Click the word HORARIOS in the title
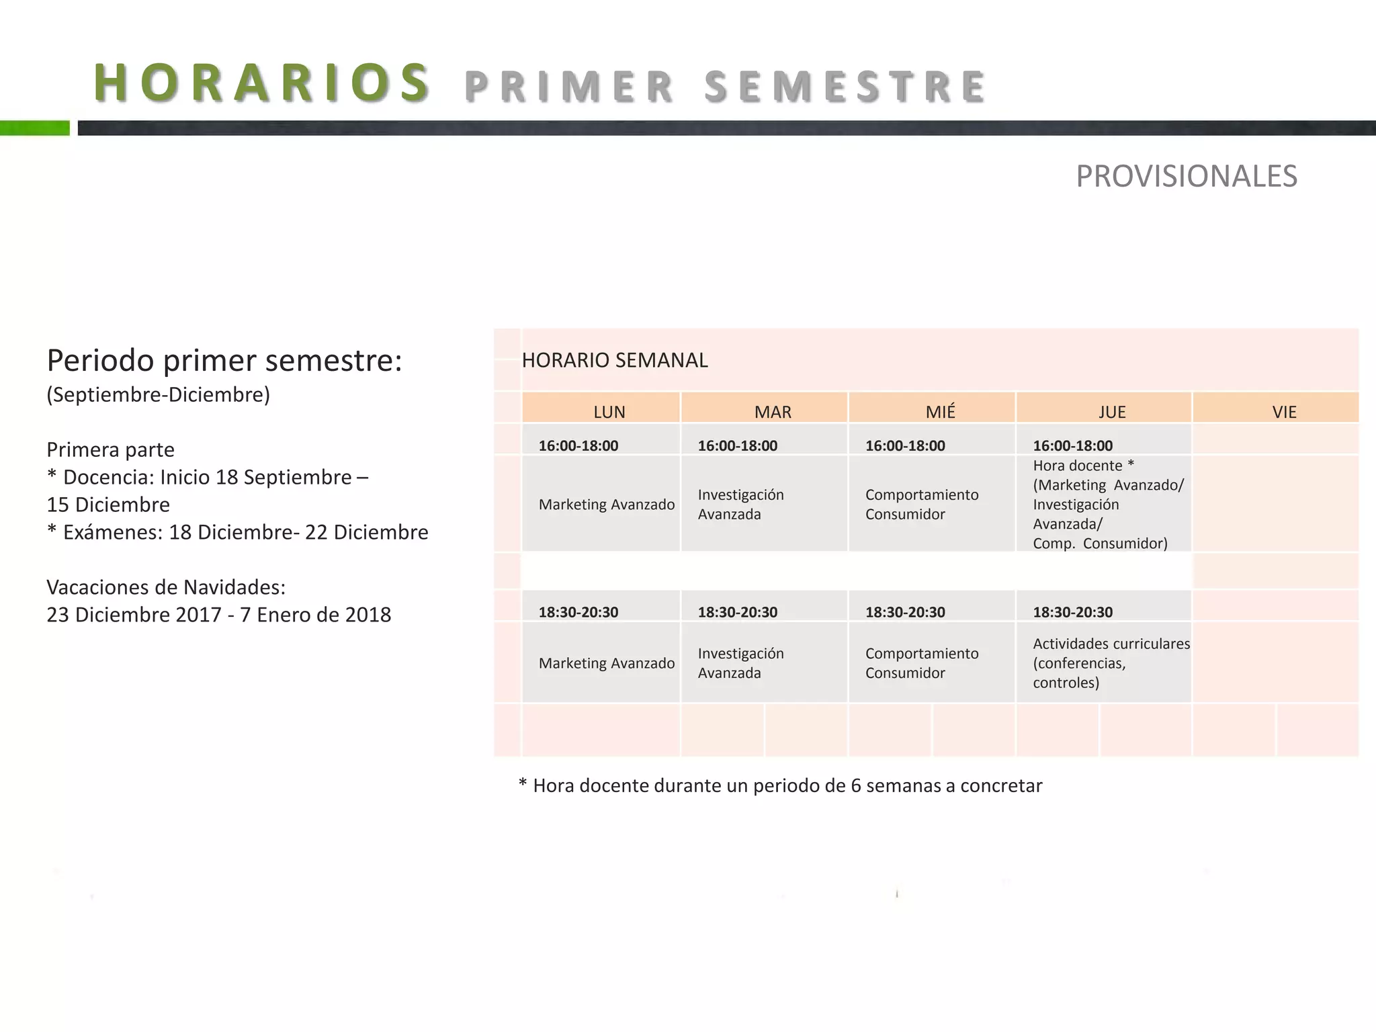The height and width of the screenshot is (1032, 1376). tap(262, 83)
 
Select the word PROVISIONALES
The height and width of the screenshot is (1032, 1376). tap(1186, 176)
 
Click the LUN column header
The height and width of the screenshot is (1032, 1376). tap(609, 412)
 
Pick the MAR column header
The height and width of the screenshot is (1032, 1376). tap(773, 412)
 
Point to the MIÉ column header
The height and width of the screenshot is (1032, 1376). tap(940, 412)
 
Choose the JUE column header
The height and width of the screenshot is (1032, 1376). tap(1112, 412)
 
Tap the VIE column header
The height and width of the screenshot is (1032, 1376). tap(1284, 412)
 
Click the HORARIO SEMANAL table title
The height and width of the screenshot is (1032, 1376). tap(614, 361)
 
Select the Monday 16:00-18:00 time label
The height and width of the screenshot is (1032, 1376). tap(578, 445)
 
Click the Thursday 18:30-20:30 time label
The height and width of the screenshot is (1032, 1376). tap(1072, 612)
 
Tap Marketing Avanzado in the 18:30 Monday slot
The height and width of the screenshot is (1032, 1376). tap(606, 663)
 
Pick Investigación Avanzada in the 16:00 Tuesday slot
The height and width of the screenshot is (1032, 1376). tap(740, 504)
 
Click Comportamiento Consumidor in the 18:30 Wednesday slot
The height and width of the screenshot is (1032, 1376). tap(921, 663)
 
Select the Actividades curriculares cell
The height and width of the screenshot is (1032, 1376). tap(1111, 663)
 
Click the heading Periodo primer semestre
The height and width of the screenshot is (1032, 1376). tap(224, 361)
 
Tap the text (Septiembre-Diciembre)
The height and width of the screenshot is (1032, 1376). tap(158, 394)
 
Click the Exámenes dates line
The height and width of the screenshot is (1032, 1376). tap(237, 532)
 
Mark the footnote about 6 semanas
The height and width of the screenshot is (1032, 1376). tap(780, 785)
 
